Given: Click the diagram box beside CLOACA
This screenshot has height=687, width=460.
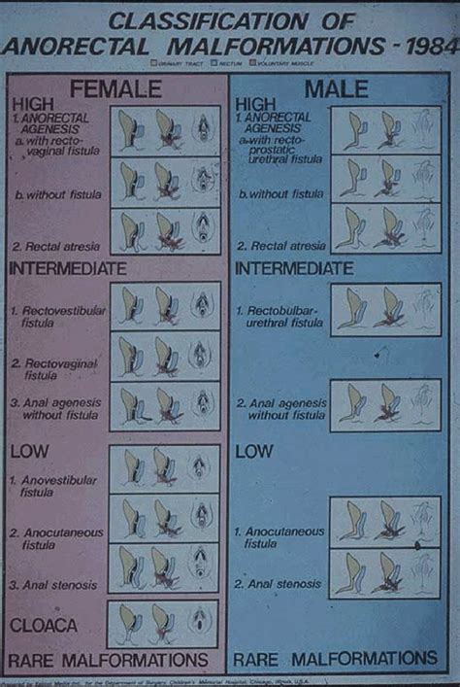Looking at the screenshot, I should point(163,623).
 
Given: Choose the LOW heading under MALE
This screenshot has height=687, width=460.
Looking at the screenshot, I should point(254,452).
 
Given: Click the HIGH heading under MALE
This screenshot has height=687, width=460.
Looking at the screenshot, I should point(257,103).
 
